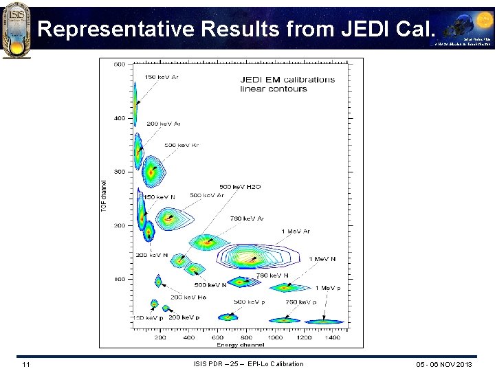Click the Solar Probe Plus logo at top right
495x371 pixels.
click(x=461, y=27)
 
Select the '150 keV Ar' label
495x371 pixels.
click(x=161, y=77)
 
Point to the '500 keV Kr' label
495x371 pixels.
click(x=181, y=145)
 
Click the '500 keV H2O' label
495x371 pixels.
click(x=240, y=187)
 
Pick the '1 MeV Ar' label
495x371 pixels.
click(x=296, y=232)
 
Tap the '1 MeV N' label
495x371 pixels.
click(x=322, y=259)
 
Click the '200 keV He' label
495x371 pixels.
click(x=189, y=297)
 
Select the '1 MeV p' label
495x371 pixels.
click(x=328, y=288)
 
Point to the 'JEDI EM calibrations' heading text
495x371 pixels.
click(x=287, y=79)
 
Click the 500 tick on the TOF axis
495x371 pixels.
click(x=119, y=65)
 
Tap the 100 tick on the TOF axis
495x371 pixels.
click(x=119, y=279)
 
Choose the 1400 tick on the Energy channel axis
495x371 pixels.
click(x=333, y=337)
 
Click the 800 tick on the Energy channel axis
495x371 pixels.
click(x=246, y=337)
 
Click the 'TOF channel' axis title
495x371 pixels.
click(x=104, y=196)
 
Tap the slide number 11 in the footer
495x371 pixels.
click(x=25, y=364)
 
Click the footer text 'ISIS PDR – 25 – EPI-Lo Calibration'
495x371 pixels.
click(x=248, y=364)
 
